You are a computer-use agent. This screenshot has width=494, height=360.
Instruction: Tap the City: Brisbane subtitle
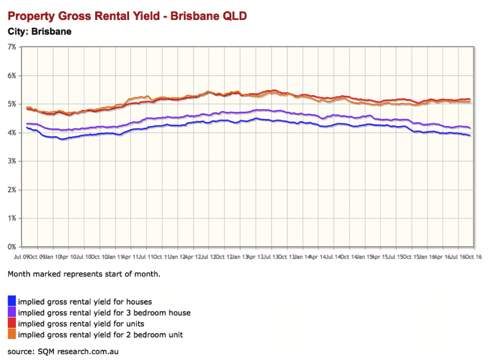coord(39,30)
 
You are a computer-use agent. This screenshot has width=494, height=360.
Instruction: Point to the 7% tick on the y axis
coord(12,47)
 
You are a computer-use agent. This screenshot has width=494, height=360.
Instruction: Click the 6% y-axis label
coord(12,76)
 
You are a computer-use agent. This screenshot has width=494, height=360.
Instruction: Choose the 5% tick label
coord(12,104)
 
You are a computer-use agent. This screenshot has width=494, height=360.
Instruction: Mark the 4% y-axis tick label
coord(12,132)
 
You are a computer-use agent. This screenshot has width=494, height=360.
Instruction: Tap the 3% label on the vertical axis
coord(12,161)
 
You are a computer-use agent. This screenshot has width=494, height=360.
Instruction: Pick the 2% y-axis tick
coord(12,190)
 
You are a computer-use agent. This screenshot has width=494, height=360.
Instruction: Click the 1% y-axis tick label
coord(12,218)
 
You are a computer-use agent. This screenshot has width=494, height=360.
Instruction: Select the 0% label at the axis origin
coord(12,247)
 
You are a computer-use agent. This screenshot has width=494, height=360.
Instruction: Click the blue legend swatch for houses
coord(12,301)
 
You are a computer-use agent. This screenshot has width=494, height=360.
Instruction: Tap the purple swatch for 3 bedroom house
coord(12,312)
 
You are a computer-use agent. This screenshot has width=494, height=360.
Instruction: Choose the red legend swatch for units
coord(12,323)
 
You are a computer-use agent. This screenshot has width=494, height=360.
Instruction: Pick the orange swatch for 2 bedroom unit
coord(12,334)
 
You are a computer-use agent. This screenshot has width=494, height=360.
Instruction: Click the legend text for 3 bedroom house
coord(104,312)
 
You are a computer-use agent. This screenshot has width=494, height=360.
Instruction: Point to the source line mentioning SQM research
coord(63,352)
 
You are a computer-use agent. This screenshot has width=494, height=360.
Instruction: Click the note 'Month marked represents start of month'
coord(84,274)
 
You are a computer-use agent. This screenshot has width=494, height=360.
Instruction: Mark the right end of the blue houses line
coord(470,136)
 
